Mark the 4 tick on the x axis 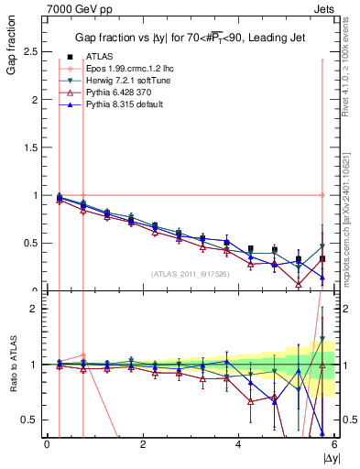point(239,444)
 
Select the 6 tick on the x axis point(335,444)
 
